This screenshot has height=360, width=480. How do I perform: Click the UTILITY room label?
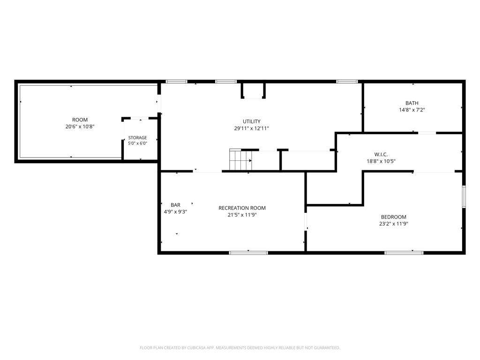pos(252,121)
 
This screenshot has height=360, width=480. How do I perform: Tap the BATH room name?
pos(412,103)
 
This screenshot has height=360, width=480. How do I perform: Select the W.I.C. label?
pos(381,155)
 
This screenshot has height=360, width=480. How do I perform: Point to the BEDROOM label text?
pos(393,217)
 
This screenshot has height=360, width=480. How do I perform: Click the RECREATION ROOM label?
pos(242,208)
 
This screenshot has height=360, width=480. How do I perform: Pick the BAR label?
pos(175,205)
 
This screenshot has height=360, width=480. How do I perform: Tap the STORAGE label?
pos(137,138)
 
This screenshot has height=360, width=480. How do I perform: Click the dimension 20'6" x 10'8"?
pos(80,127)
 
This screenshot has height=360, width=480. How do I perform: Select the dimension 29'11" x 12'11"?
pos(252,128)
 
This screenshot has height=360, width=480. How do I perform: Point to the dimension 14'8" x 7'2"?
pos(412,110)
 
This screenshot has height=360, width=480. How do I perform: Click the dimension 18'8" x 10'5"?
pos(381,161)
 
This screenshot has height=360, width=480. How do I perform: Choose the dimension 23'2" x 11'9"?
pos(393,224)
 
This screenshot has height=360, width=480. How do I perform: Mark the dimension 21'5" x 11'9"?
pos(242,215)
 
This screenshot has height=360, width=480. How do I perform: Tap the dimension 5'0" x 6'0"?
pos(137,143)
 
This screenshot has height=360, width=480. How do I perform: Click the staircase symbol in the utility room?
pos(241,159)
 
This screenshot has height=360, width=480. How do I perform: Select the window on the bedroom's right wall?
pos(464,196)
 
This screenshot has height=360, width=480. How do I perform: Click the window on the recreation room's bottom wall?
pos(248,253)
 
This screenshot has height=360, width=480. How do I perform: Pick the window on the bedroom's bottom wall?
pos(404,253)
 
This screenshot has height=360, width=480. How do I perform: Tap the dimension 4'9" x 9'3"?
pos(175,212)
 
